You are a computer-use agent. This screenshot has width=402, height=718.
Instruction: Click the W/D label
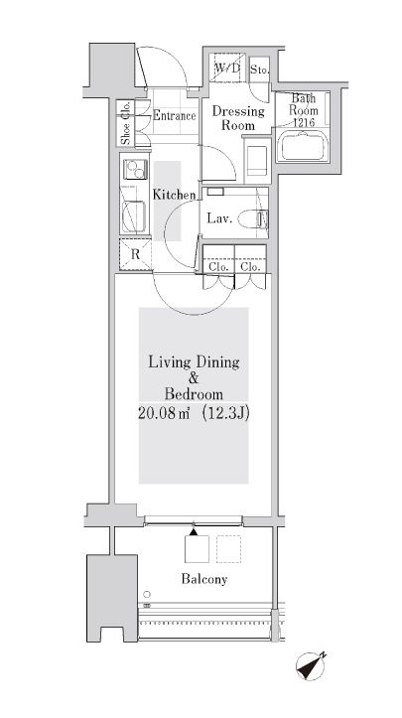pos(227,69)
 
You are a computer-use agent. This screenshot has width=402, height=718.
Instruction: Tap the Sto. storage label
pos(259,70)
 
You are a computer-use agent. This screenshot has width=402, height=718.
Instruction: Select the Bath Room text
pos(304,104)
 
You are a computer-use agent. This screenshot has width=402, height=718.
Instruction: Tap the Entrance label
pos(173,116)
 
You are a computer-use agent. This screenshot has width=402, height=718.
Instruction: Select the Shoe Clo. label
pos(126,125)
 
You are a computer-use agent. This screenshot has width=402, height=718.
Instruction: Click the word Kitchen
pos(173,195)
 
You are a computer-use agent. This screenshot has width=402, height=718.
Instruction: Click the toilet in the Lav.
pos(260,217)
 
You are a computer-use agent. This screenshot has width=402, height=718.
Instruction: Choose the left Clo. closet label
pos(217,266)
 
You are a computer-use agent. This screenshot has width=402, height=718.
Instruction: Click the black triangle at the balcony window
pos(193,533)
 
